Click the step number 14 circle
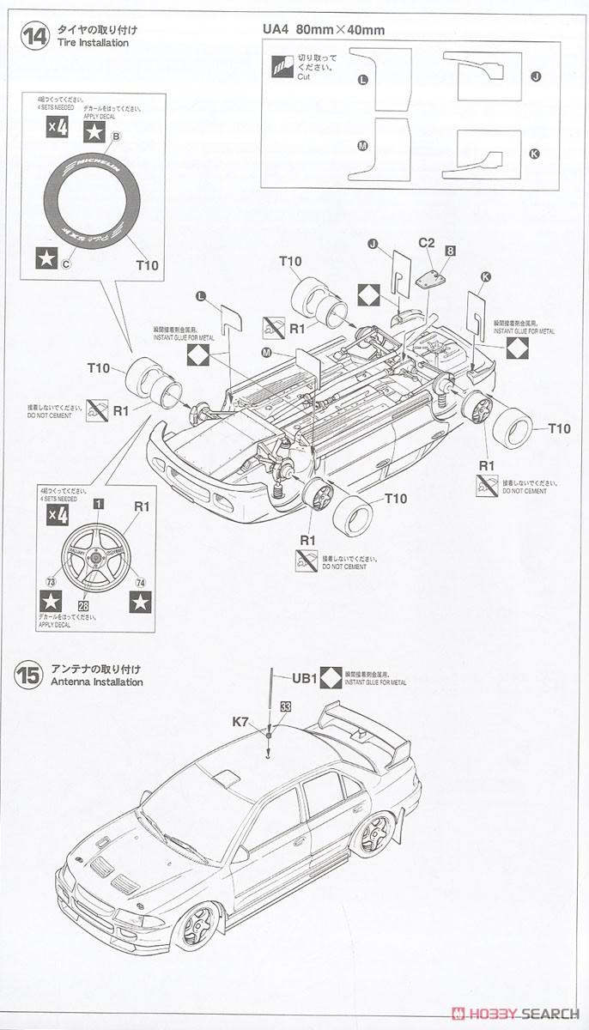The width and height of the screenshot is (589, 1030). pos(34,37)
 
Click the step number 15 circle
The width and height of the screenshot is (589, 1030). pos(28,675)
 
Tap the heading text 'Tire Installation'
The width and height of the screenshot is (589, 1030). pos(92,43)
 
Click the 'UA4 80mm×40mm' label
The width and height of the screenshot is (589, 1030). pos(323,30)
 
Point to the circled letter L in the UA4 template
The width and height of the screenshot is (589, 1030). pos(361,79)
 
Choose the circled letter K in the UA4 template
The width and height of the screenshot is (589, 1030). pos(535,154)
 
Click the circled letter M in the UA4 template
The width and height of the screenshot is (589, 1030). pos(361,146)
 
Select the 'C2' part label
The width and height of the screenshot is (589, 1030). pos(427,243)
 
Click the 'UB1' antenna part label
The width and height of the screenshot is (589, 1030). pos(305,677)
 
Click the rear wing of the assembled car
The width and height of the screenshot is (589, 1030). pos(361,725)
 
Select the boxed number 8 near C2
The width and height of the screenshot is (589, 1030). pos(450,251)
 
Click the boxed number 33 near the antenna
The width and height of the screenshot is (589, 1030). pos(285,706)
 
